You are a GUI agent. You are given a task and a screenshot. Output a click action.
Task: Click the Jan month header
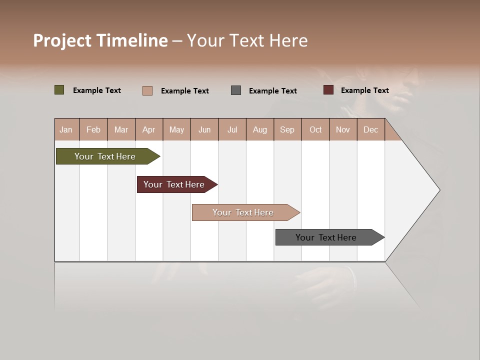coord(66,129)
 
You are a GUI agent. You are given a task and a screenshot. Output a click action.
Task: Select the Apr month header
coord(148,129)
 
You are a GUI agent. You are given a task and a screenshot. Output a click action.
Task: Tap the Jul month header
coord(232,129)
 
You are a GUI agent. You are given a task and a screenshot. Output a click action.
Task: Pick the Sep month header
coord(287,129)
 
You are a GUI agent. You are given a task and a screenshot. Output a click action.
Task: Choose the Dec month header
coord(370,129)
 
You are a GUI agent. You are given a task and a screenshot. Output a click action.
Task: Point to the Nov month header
coord(343,129)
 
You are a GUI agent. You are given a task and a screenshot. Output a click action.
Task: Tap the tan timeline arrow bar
coord(243,212)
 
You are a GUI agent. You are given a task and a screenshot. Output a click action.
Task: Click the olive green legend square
coord(59,90)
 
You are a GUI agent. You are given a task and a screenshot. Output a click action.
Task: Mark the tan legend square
coord(147,90)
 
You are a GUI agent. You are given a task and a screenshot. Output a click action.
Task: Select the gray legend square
coord(236,90)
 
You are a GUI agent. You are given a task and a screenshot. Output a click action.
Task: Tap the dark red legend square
coord(328,90)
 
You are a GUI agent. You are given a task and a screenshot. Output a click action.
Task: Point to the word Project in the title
coord(62,40)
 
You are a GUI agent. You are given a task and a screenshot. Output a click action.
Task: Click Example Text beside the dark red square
coord(364,90)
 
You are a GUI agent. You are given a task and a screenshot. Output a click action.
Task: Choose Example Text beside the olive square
coord(97,90)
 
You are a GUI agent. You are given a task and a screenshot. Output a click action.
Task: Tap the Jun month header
coord(204,129)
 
